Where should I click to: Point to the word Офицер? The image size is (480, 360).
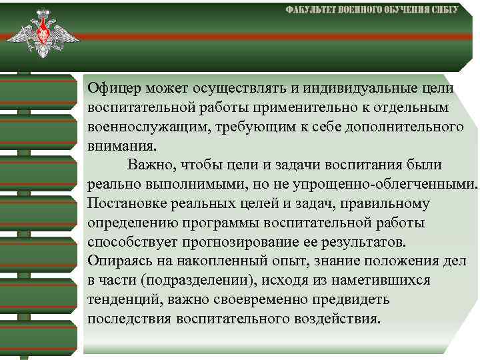111,88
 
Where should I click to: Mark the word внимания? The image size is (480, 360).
114,145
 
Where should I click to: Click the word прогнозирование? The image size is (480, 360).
239,241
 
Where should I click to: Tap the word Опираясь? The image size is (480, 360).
116,261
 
